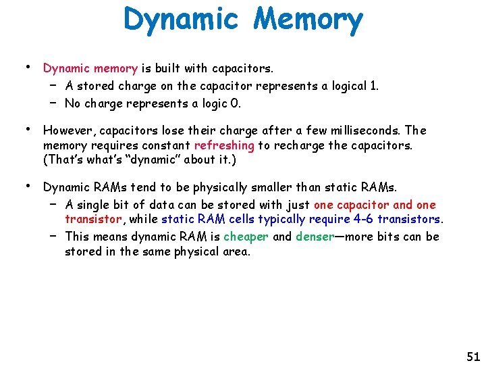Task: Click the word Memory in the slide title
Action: pos(308,20)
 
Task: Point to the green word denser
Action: pos(315,237)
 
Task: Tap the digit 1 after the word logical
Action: pos(375,86)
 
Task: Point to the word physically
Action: pos(225,187)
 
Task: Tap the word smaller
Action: pos(279,187)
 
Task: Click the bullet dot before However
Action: pos(27,128)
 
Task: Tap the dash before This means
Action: pos(52,235)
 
